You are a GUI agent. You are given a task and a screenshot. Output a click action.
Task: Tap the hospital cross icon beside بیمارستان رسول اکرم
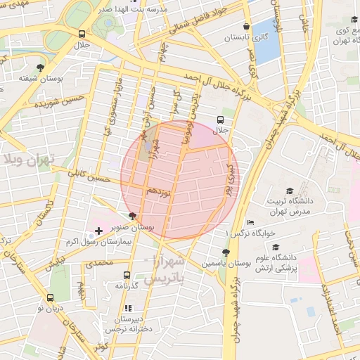pyautogui.click(x=98, y=231)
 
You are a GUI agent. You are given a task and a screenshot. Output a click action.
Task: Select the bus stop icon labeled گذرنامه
pyautogui.click(x=127, y=276)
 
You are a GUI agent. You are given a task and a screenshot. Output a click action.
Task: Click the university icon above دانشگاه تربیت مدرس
pyautogui.click(x=289, y=191)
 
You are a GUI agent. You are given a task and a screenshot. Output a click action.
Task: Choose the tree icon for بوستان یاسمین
pyautogui.click(x=225, y=252)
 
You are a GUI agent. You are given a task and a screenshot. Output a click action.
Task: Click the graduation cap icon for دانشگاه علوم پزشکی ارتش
pyautogui.click(x=276, y=247)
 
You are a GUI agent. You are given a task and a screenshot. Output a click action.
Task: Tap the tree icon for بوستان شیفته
pyautogui.click(x=40, y=68)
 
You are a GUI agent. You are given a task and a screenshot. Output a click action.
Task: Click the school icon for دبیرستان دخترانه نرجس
pyautogui.click(x=127, y=308)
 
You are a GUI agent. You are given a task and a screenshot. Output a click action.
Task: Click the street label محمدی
pyautogui.click(x=98, y=263)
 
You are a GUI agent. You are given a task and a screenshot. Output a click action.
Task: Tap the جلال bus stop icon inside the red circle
pyautogui.click(x=221, y=120)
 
